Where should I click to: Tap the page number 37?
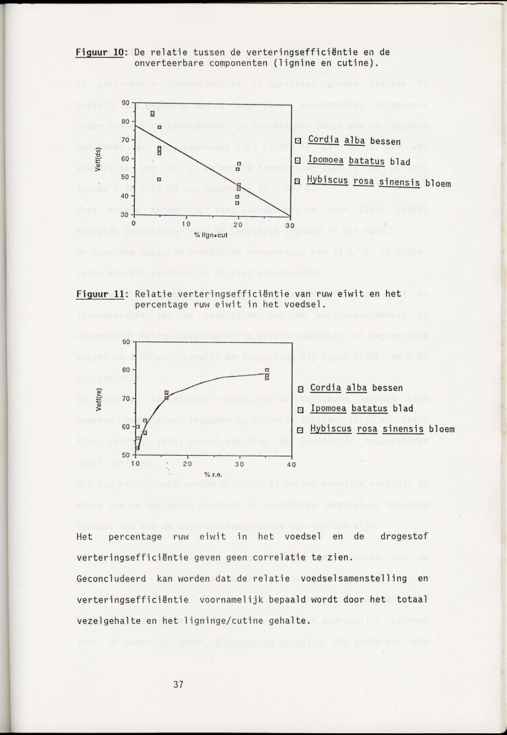(x=178, y=684)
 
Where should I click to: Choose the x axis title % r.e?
(x=213, y=474)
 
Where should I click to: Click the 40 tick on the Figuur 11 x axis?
(x=291, y=464)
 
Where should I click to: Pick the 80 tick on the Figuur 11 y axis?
(x=126, y=370)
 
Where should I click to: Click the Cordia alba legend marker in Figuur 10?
(x=299, y=141)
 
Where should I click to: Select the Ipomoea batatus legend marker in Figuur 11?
(x=300, y=410)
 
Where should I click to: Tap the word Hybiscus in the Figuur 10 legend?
(x=327, y=181)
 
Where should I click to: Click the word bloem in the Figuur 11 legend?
(x=441, y=429)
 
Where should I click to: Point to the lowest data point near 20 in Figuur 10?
(x=237, y=203)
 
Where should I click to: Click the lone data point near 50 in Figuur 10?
(x=159, y=179)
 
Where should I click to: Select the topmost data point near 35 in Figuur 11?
(x=267, y=370)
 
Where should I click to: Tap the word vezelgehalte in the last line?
(x=104, y=620)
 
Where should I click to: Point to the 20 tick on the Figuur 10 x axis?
(x=238, y=225)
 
